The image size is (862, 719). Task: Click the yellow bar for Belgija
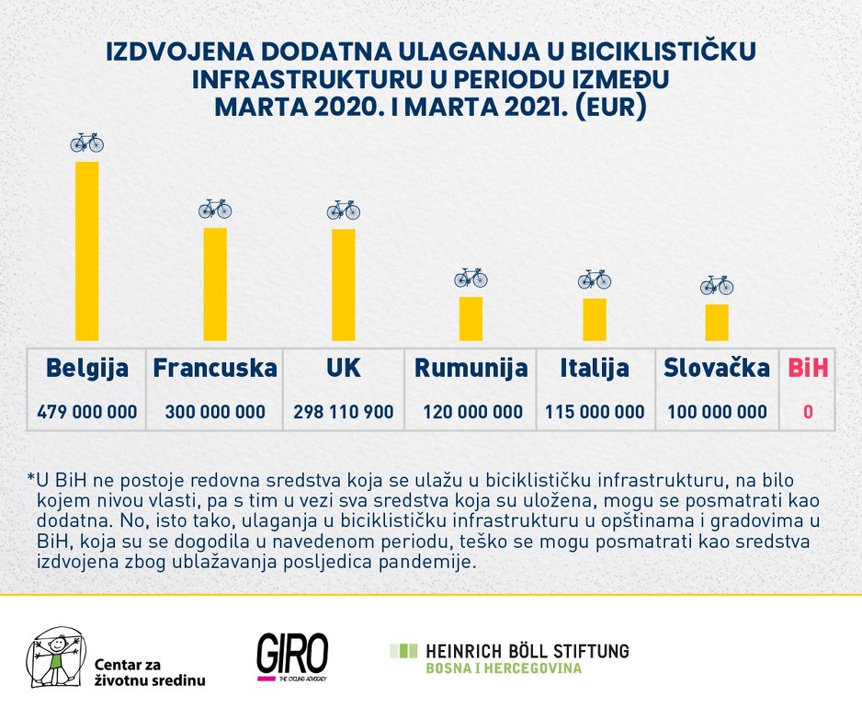click(86, 251)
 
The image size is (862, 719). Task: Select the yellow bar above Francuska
click(215, 284)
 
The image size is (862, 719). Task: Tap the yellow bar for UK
click(343, 285)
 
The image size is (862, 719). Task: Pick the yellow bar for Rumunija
click(471, 318)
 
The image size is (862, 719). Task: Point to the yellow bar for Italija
click(595, 319)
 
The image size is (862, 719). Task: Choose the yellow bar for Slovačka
click(717, 322)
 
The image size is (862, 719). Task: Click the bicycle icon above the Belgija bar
click(87, 143)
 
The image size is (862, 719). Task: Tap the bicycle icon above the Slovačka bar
click(717, 285)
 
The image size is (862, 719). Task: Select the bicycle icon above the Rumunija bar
click(471, 278)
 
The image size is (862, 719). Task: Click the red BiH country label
click(808, 369)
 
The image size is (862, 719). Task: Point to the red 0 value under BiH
click(808, 412)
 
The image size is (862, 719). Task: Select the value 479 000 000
click(87, 412)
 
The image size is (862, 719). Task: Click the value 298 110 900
click(343, 412)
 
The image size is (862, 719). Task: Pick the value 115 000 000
click(595, 412)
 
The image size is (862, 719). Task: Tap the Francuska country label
click(215, 369)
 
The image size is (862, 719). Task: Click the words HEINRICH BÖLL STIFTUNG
click(527, 651)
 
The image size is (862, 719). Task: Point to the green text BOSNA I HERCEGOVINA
click(503, 668)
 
